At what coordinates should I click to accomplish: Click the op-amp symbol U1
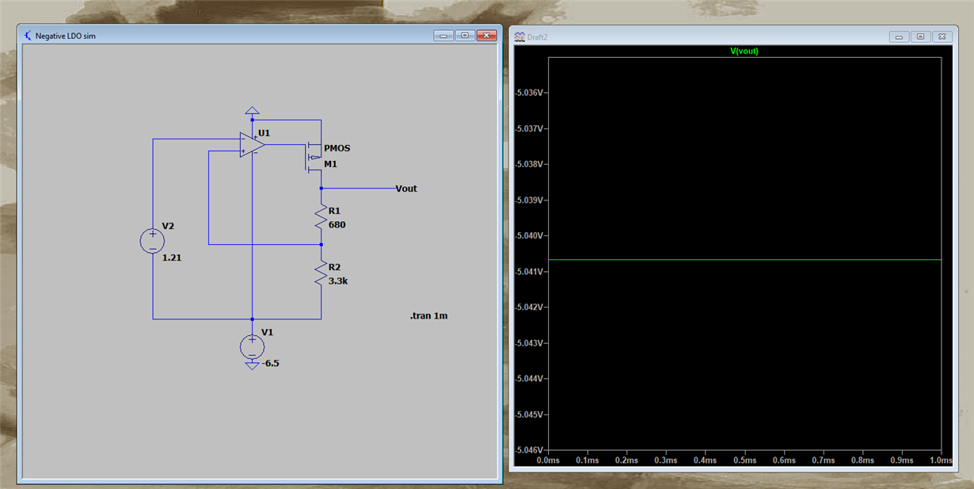[252, 144]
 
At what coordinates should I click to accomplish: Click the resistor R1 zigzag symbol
[321, 218]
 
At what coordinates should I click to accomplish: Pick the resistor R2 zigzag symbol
[321, 275]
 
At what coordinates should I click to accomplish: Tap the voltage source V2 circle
[152, 240]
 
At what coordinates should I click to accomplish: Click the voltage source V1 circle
[252, 346]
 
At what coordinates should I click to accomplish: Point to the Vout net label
[405, 189]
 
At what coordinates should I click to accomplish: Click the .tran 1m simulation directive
[429, 315]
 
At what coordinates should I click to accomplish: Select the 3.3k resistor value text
[337, 281]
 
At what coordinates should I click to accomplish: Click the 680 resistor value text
[337, 225]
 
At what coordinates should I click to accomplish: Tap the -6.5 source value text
[270, 363]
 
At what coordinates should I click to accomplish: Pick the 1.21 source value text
[172, 258]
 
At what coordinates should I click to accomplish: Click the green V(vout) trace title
[744, 51]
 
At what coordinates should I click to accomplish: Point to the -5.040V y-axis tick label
[528, 235]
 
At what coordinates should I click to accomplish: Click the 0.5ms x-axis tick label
[744, 460]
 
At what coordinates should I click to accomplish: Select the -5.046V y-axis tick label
[528, 449]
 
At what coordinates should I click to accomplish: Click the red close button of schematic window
[486, 36]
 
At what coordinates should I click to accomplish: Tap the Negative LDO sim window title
[65, 36]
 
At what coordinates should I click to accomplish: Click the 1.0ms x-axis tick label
[940, 460]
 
